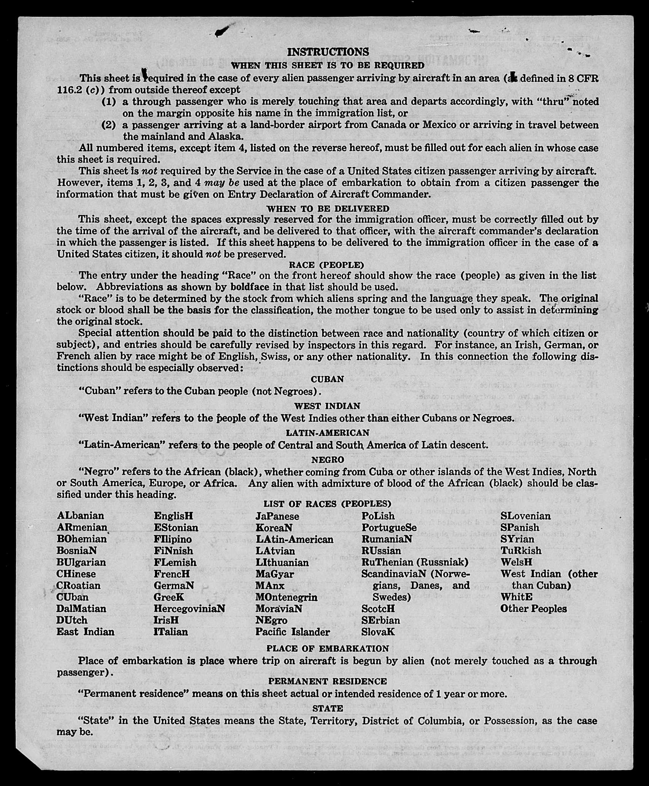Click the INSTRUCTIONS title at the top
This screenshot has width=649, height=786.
click(328, 52)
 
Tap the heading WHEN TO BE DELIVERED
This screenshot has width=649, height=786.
click(328, 209)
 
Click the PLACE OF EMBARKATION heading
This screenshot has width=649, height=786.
click(328, 648)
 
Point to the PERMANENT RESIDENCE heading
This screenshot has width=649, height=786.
click(328, 681)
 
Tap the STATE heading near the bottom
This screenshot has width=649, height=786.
click(328, 708)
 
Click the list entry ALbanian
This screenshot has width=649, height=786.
click(80, 516)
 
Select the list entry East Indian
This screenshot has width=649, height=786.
click(85, 632)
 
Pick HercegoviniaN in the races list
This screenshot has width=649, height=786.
click(189, 609)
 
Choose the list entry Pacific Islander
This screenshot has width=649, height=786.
click(293, 632)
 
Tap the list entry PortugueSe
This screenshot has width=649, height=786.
click(389, 528)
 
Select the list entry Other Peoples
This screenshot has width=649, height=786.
click(533, 609)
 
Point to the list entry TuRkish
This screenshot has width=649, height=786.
click(521, 550)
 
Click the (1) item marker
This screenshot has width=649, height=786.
click(108, 102)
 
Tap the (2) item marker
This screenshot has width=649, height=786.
click(108, 125)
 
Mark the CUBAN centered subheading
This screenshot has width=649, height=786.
click(327, 379)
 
